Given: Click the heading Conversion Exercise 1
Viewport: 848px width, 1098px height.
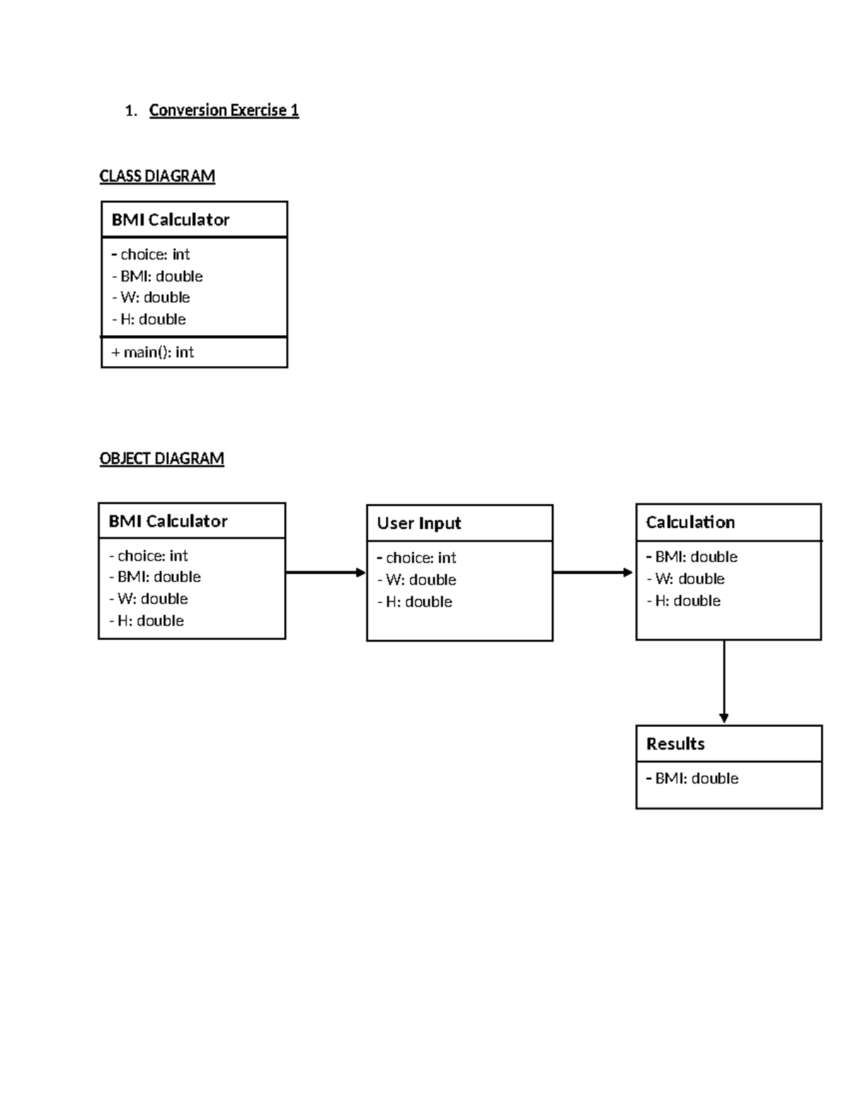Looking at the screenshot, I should (223, 110).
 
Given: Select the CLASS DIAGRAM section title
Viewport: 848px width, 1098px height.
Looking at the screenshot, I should (157, 176).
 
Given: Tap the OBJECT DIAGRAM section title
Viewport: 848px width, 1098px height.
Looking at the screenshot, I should (162, 459).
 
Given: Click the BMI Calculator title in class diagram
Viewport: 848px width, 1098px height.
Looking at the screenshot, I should (170, 220).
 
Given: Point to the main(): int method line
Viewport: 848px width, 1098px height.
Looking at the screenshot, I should (153, 352).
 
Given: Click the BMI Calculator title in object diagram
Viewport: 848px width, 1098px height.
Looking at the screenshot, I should (167, 522).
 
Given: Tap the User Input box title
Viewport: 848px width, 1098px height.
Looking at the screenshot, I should (418, 523).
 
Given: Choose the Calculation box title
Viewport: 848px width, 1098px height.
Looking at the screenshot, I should (690, 522).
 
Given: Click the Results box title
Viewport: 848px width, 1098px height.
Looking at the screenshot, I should (675, 744).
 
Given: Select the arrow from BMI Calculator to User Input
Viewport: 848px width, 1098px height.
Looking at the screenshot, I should (325, 573).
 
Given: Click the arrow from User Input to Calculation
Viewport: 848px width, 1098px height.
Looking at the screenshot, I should (593, 573).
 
